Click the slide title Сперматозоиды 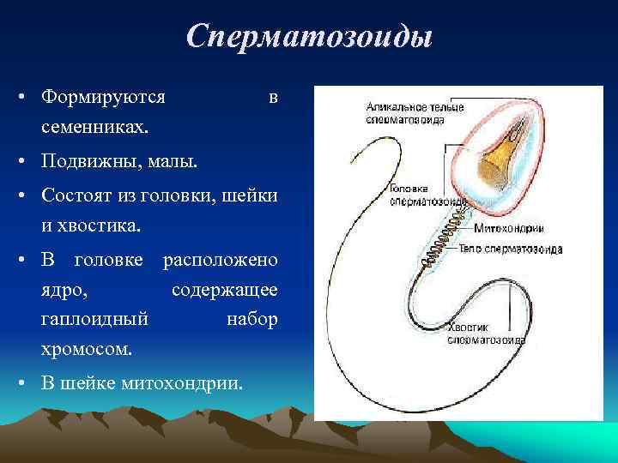(309, 36)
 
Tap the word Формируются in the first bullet (103, 97)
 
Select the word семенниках (94, 126)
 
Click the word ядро (62, 290)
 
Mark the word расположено (220, 260)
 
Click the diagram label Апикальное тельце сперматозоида (414, 114)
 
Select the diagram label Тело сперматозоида (518, 250)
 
